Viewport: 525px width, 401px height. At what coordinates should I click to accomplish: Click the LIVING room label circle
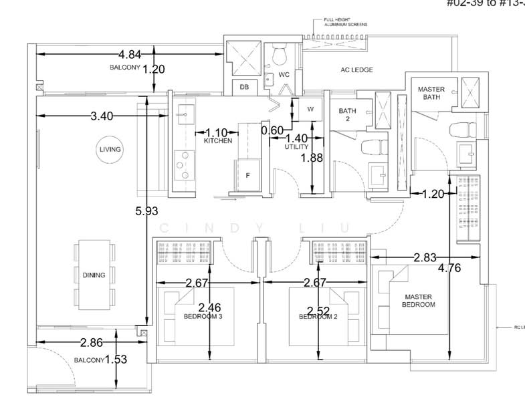(109, 149)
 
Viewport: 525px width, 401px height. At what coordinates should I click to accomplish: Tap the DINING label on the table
(94, 275)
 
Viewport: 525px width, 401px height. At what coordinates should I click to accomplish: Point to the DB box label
(244, 88)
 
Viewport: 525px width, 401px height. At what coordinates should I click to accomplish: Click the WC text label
(284, 74)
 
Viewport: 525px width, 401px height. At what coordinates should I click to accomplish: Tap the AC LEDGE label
(355, 70)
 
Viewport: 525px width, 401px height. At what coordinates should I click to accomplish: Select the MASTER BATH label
(431, 94)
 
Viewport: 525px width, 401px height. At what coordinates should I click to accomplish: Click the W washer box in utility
(311, 108)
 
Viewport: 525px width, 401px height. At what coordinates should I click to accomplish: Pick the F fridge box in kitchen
(247, 176)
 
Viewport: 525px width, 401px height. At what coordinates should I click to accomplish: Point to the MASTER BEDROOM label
(418, 301)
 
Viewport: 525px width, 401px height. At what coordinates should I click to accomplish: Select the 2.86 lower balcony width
(91, 343)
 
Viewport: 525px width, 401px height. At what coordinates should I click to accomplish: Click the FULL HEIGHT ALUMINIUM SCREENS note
(345, 23)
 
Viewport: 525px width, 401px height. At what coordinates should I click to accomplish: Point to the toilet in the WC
(282, 53)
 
